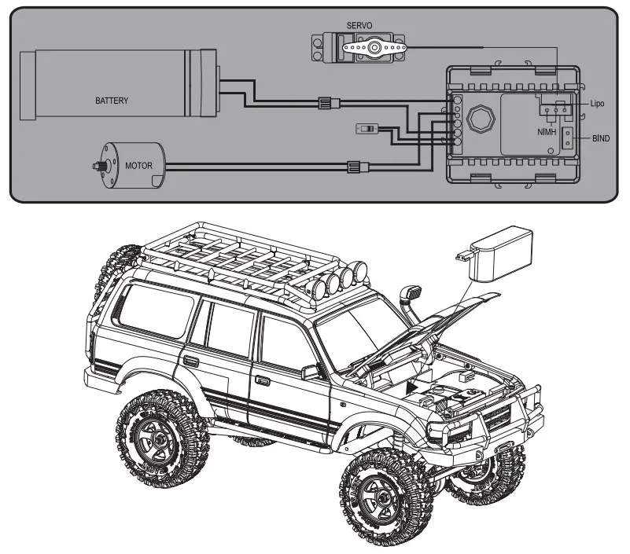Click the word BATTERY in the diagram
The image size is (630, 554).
tap(112, 101)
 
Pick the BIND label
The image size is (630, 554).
tap(601, 138)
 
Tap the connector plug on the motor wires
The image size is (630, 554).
tap(355, 166)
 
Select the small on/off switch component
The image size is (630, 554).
tap(367, 127)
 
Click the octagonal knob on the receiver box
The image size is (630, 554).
tap(477, 121)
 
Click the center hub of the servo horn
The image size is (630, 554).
tap(376, 49)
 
